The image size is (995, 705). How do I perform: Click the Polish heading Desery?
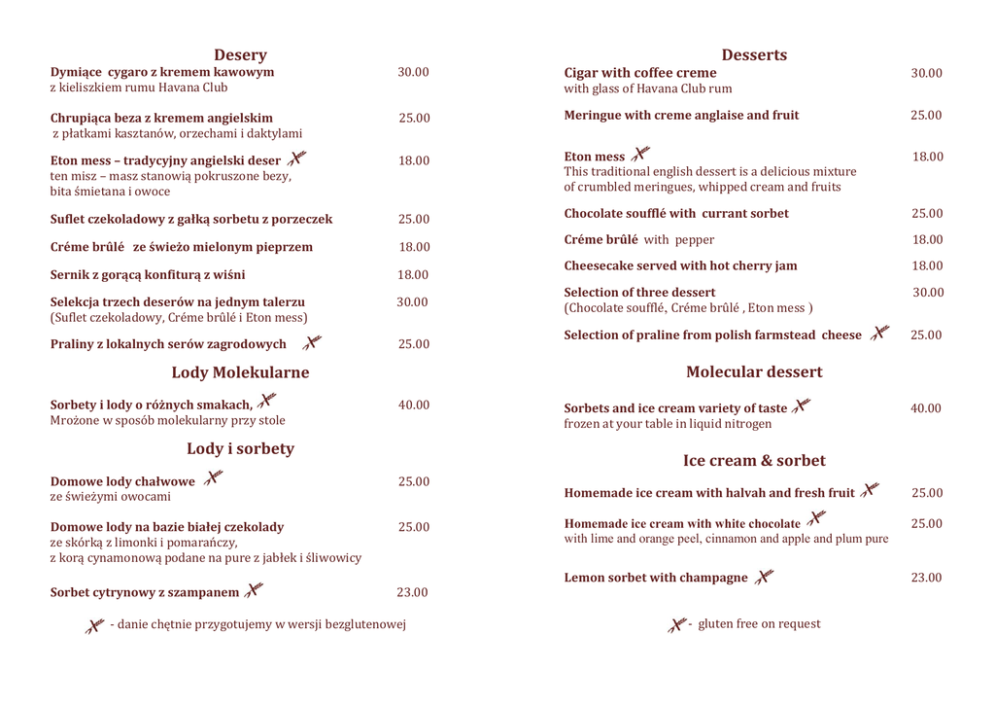(x=240, y=55)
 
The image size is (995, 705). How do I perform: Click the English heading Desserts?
(x=754, y=55)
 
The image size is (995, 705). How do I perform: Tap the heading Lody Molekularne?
(x=240, y=372)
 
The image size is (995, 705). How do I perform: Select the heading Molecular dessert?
(x=754, y=371)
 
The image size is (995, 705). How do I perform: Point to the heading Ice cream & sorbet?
(x=754, y=461)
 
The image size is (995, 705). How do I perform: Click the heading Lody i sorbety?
(x=240, y=448)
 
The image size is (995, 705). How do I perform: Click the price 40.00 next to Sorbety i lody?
(x=413, y=405)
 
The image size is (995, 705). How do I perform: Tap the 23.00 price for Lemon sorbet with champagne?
(x=926, y=578)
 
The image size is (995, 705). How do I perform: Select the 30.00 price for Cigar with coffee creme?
(x=926, y=73)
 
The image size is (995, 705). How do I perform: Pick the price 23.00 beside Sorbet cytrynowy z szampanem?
(x=412, y=592)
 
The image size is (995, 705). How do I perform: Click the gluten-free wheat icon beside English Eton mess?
(x=639, y=155)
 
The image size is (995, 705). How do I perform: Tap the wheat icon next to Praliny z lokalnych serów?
(x=311, y=342)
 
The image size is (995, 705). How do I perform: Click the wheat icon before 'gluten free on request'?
(x=677, y=624)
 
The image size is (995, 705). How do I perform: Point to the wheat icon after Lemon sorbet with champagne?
(x=765, y=577)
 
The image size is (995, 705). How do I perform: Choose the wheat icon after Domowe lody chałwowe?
(x=213, y=478)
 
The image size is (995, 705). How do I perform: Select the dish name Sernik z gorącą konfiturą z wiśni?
(x=148, y=275)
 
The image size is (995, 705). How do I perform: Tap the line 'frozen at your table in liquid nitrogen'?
(x=668, y=424)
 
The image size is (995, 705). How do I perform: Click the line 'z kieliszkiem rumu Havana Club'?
(x=139, y=88)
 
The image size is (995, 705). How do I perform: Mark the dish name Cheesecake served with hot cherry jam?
(x=680, y=265)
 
